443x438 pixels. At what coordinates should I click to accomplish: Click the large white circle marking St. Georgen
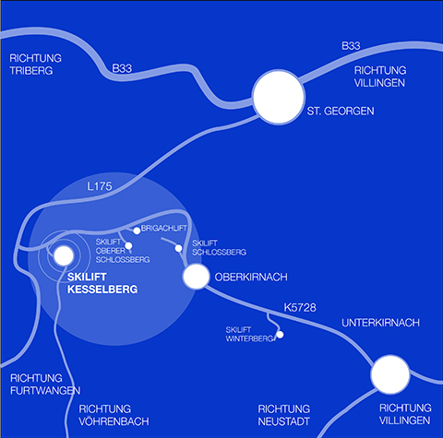(279, 97)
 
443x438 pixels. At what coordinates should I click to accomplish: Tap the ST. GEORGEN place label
(341, 111)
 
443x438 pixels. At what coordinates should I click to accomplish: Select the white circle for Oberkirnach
(196, 277)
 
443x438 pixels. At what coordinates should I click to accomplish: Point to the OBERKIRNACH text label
(251, 277)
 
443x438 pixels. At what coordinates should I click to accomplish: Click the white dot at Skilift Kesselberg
(64, 255)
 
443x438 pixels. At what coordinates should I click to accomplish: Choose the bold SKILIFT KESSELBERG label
(102, 283)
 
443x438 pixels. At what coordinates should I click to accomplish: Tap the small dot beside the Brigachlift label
(137, 231)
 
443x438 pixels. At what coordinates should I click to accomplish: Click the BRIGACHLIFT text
(164, 229)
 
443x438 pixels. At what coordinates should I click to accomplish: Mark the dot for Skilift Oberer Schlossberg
(128, 246)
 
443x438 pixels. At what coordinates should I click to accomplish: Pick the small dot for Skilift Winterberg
(280, 335)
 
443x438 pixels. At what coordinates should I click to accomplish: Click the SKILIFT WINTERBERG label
(249, 334)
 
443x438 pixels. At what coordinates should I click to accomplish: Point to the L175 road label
(100, 186)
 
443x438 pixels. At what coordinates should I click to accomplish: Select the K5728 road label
(300, 308)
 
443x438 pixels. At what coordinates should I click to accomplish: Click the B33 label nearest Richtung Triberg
(122, 68)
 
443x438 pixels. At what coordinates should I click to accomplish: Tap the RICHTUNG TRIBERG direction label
(35, 65)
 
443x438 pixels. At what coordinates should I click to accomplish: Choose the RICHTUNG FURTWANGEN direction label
(45, 385)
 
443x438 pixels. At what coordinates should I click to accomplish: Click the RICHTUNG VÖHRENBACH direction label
(114, 415)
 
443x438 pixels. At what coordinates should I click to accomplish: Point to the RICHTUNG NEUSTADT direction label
(283, 415)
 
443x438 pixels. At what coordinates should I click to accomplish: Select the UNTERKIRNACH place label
(380, 323)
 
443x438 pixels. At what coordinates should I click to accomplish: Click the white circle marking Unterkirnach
(390, 374)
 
